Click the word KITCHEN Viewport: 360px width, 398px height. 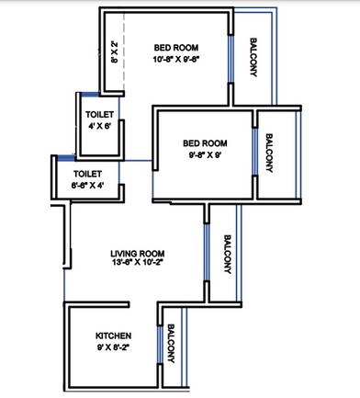[x=113, y=335]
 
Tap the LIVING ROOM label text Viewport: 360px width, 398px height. [x=137, y=253]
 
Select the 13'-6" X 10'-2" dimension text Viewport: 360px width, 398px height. [x=137, y=264]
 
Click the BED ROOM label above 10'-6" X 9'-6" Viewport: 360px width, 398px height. [x=177, y=47]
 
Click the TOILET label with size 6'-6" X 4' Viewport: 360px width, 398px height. [x=88, y=172]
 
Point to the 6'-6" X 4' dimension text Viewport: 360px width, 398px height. [x=88, y=184]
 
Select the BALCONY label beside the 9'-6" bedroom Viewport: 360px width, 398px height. [x=270, y=152]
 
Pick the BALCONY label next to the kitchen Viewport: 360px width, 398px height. [x=172, y=348]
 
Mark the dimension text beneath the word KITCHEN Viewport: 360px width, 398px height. [x=113, y=347]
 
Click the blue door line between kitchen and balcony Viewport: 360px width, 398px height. [x=160, y=347]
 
